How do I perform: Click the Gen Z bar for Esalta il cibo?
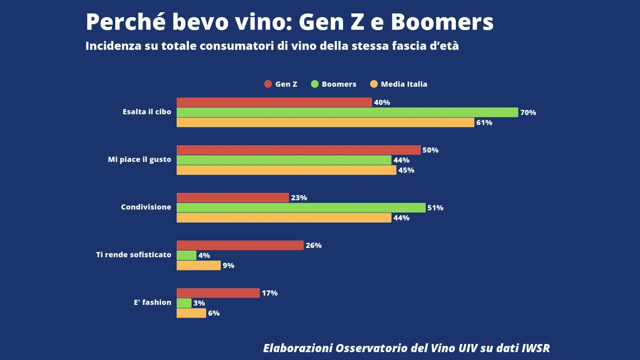(274, 102)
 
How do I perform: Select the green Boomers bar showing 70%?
(347, 112)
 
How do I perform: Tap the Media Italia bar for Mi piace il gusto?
(286, 170)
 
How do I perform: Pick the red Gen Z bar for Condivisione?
(233, 198)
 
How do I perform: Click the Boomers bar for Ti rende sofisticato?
(186, 255)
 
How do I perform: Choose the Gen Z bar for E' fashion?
(218, 293)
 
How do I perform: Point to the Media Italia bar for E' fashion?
(191, 313)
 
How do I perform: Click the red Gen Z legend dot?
(268, 84)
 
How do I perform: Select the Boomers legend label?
(339, 84)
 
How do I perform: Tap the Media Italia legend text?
(404, 84)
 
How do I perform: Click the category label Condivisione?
(146, 207)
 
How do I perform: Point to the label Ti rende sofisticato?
(134, 254)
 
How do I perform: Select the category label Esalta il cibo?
(147, 112)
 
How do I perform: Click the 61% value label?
(484, 122)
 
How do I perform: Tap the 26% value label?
(314, 245)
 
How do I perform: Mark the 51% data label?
(435, 208)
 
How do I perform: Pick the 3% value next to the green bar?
(199, 303)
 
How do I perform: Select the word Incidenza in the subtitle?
(113, 46)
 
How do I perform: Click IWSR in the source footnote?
(536, 348)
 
